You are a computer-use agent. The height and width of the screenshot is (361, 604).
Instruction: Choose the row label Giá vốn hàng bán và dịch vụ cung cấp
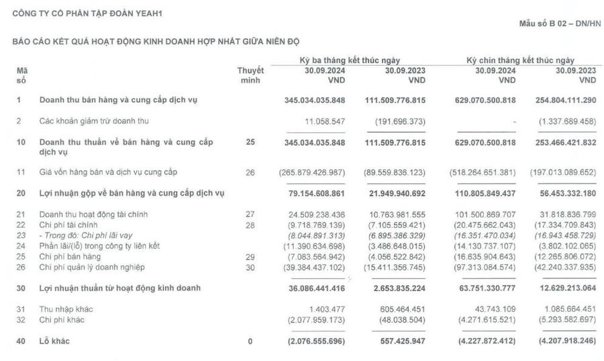[x=107, y=172]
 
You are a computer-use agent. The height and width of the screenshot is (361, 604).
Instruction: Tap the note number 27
[x=250, y=214]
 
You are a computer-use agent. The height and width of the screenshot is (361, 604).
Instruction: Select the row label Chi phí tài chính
[x=69, y=224]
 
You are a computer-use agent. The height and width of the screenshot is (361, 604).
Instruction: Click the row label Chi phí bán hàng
[x=69, y=257]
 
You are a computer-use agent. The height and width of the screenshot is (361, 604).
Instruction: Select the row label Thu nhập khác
[x=66, y=309]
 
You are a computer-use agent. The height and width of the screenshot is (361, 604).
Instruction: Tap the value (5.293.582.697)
[x=562, y=319]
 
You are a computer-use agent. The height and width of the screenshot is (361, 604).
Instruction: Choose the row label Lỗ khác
[x=54, y=342]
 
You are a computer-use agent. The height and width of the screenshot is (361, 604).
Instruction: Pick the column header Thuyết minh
[x=250, y=75]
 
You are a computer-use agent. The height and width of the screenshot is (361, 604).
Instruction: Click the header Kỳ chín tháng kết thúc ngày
[x=521, y=61]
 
